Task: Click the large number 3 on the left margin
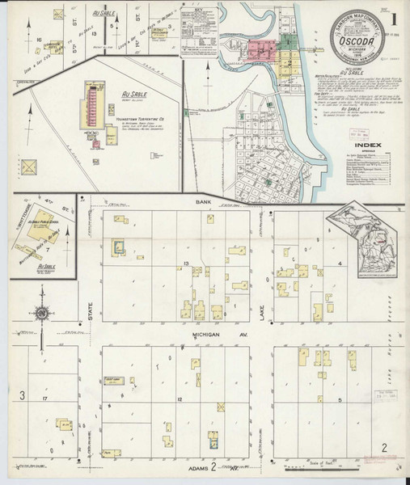click(23, 394)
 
